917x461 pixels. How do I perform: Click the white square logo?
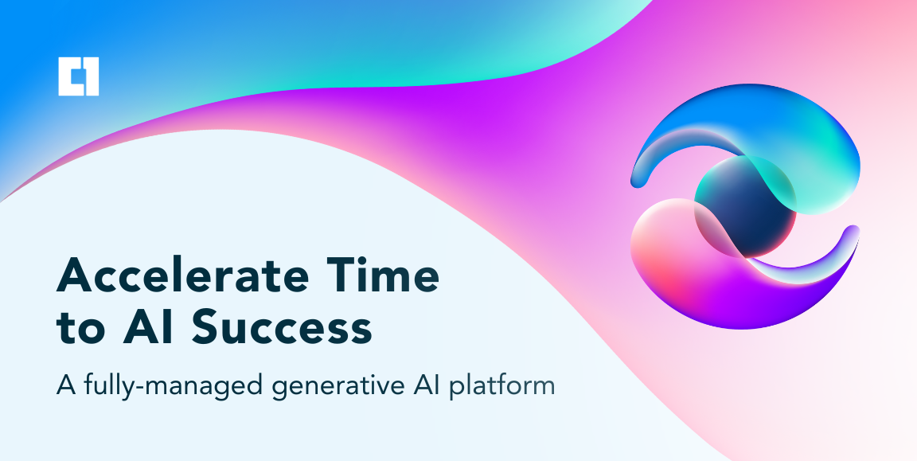pos(79,76)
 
